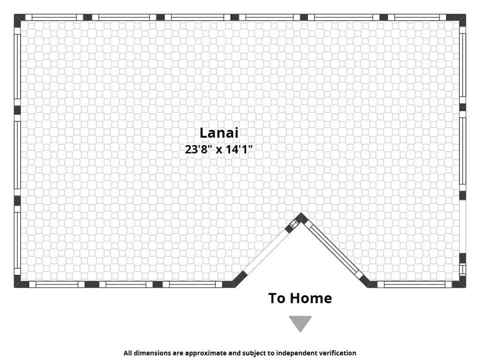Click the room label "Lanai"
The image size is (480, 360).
(219, 133)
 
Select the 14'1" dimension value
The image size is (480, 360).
(239, 150)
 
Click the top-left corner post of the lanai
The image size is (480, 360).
(19, 19)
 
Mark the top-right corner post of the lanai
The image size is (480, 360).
(458, 19)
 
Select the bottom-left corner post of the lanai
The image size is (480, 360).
(20, 282)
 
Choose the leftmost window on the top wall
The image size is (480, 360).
(54, 17)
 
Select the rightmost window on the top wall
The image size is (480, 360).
(417, 17)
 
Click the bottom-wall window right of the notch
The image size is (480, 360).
(414, 285)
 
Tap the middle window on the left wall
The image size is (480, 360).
(17, 155)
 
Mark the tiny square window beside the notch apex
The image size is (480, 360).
(294, 224)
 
